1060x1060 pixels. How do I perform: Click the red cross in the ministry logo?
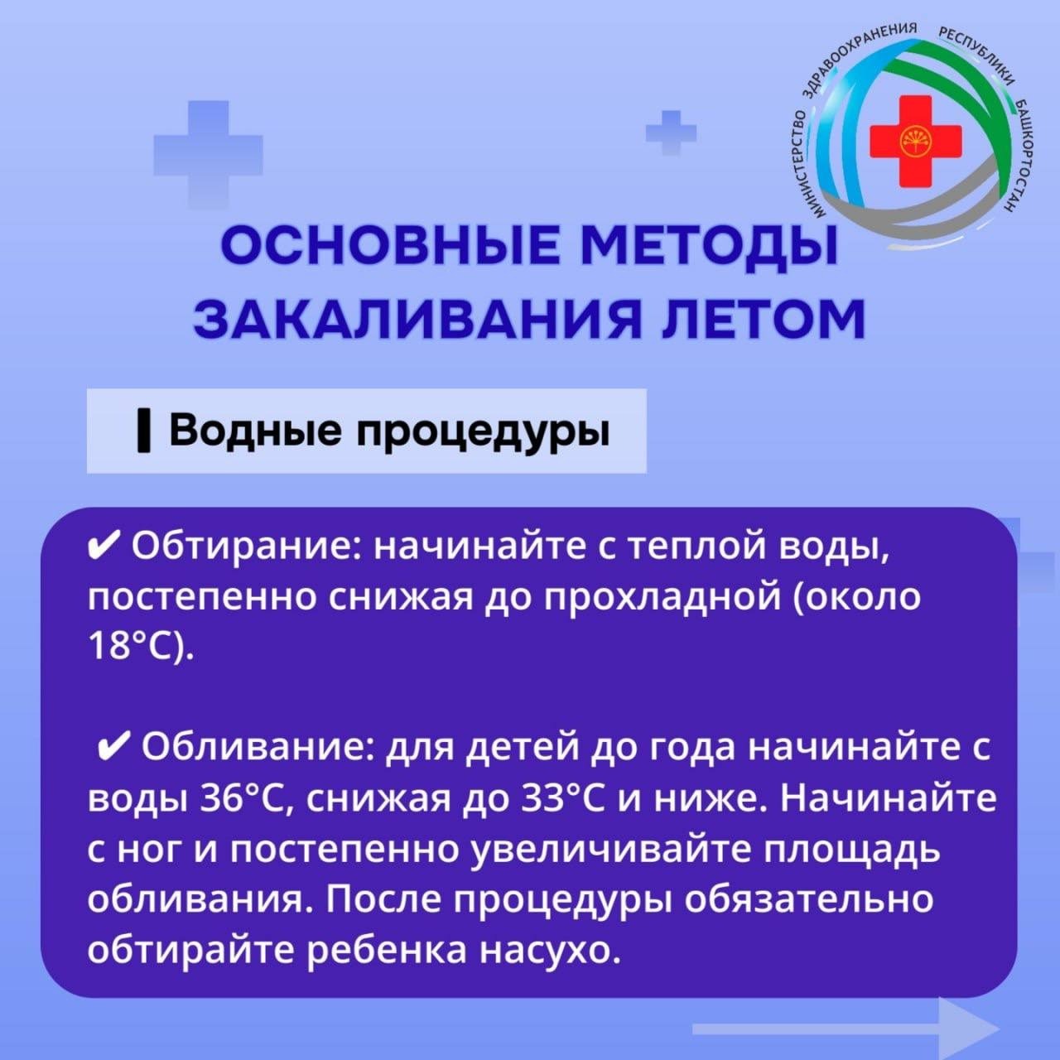pyautogui.click(x=915, y=141)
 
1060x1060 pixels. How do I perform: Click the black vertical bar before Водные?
pyautogui.click(x=143, y=432)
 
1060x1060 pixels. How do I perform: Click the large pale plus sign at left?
pyautogui.click(x=208, y=155)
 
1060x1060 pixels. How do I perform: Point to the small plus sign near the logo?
pyautogui.click(x=671, y=132)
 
